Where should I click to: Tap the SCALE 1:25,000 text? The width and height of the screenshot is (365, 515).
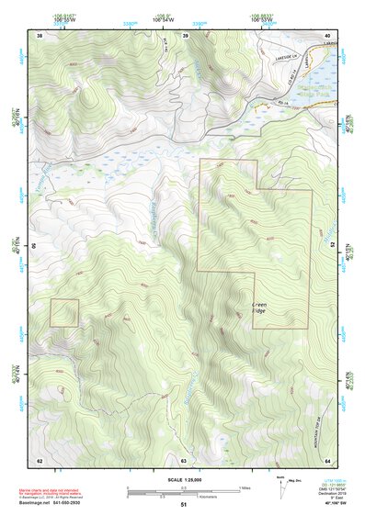coord(183,479)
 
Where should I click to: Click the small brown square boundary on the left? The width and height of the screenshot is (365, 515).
coord(63,312)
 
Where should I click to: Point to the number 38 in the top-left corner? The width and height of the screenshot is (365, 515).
coord(40,35)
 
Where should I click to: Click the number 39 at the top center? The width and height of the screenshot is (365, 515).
coord(186,35)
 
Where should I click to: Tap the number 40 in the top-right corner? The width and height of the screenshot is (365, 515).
coord(328,35)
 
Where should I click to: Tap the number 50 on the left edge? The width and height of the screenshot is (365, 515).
coord(36,246)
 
